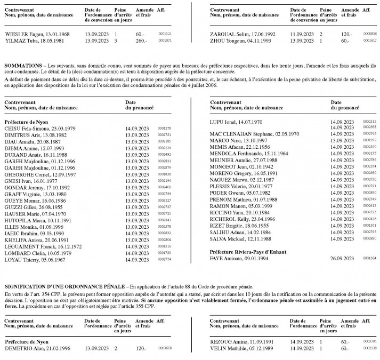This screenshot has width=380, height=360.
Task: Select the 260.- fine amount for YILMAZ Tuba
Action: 141,40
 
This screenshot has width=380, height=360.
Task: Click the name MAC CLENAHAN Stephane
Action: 238,134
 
